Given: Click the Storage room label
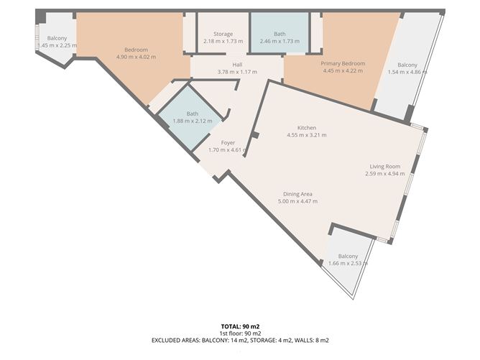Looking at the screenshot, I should click(x=222, y=34).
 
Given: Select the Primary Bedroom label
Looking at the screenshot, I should click(x=343, y=63).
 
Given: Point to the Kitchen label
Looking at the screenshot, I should click(x=307, y=128).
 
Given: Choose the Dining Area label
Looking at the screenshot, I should click(x=297, y=194).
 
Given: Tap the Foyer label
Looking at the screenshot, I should click(x=228, y=143).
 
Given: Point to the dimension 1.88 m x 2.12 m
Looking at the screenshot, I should click(x=192, y=121).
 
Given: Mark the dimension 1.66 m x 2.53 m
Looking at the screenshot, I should click(x=348, y=264).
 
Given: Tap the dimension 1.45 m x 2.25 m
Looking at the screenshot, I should click(x=57, y=45).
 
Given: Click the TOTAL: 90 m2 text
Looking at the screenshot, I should click(x=240, y=326).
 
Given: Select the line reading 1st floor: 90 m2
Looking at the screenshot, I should click(x=240, y=333).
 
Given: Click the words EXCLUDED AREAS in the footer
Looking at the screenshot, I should click(x=176, y=340).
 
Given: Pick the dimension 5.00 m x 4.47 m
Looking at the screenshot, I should click(x=297, y=201).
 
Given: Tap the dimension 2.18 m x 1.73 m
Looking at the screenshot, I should click(x=222, y=42).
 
